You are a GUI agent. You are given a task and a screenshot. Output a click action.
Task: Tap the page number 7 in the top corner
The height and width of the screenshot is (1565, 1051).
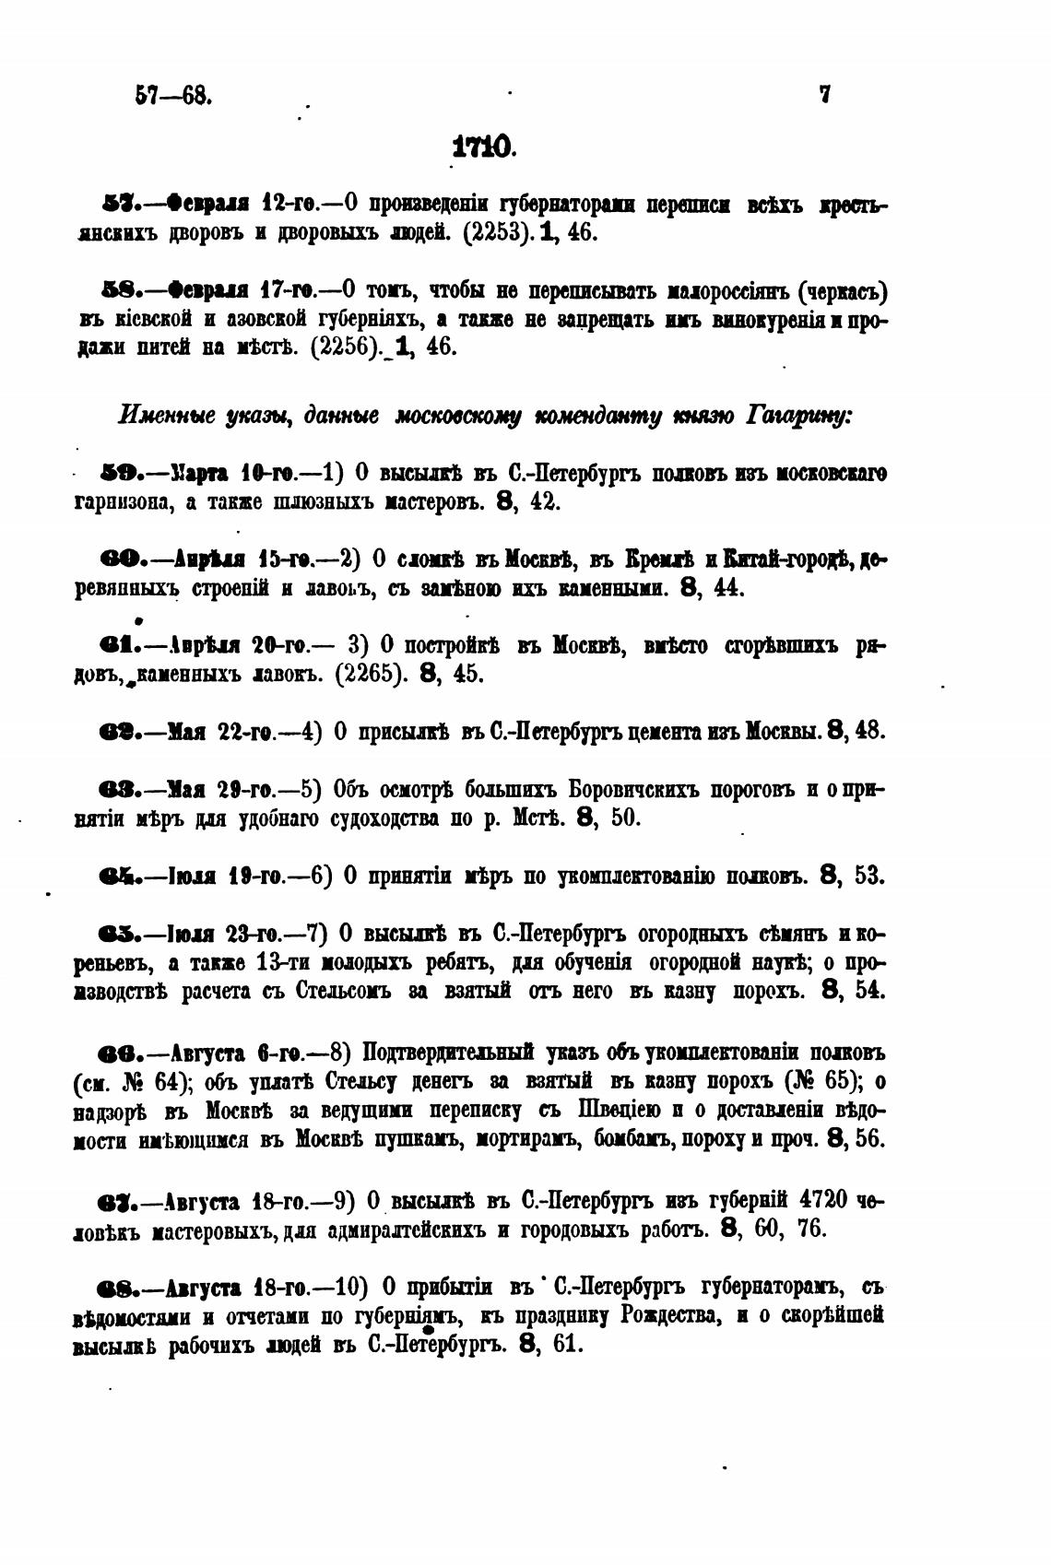coord(824,94)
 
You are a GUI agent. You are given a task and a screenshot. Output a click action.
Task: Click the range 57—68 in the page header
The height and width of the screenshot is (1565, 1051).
coord(173,95)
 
